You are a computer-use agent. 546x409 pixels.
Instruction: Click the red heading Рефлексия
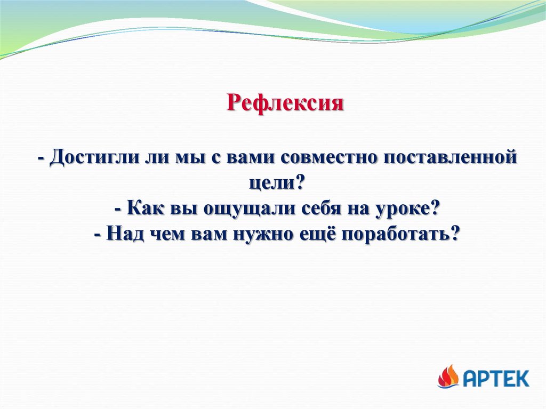pos(285,103)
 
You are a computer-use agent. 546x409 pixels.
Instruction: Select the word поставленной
pos(451,157)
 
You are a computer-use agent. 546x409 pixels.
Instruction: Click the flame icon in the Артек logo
pos(448,376)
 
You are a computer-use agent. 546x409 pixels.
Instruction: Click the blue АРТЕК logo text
pos(496,379)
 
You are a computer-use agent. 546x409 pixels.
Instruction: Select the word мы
pos(189,157)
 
